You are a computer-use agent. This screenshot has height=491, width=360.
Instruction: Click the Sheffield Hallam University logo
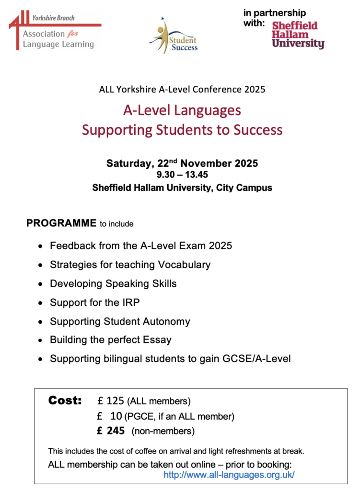click(x=298, y=35)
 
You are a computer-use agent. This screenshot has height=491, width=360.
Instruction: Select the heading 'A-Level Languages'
click(x=182, y=110)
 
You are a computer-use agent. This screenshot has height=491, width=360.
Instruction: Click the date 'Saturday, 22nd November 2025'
click(x=182, y=164)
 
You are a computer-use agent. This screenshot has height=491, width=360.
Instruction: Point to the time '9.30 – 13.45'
click(x=182, y=175)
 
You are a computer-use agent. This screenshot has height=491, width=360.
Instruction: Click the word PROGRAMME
click(x=61, y=223)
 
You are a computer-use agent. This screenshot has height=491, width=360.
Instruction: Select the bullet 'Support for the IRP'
click(x=94, y=303)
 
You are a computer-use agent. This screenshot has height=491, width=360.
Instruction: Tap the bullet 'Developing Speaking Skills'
click(x=113, y=283)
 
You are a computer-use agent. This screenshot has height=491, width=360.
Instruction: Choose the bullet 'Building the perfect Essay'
click(x=110, y=340)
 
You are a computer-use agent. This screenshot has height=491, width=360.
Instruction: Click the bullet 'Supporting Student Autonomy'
click(x=120, y=321)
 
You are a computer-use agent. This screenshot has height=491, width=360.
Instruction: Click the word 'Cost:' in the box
click(x=65, y=400)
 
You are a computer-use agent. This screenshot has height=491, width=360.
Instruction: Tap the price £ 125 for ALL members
click(x=110, y=401)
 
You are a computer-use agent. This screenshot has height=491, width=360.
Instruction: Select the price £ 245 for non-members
click(x=111, y=431)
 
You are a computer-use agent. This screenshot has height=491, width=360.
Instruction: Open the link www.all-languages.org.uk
click(x=229, y=475)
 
